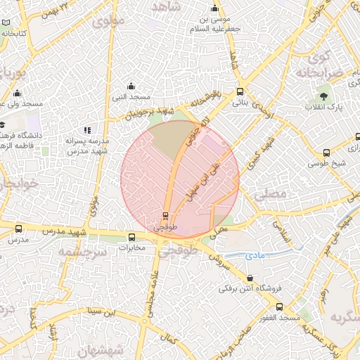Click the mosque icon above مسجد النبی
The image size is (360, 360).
pyautogui.click(x=129, y=85)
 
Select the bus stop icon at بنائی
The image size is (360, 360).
pyautogui.click(x=240, y=91)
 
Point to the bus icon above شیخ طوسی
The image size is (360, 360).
pyautogui.click(x=326, y=153)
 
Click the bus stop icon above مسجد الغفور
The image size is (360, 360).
pyautogui.click(x=280, y=307)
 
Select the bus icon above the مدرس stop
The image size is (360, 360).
pyautogui.click(x=18, y=229)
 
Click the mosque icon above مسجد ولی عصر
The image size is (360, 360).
pyautogui.click(x=17, y=94)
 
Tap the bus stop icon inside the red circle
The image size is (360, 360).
pyautogui.click(x=166, y=215)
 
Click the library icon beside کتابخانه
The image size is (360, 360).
pyautogui.click(x=6, y=33)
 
